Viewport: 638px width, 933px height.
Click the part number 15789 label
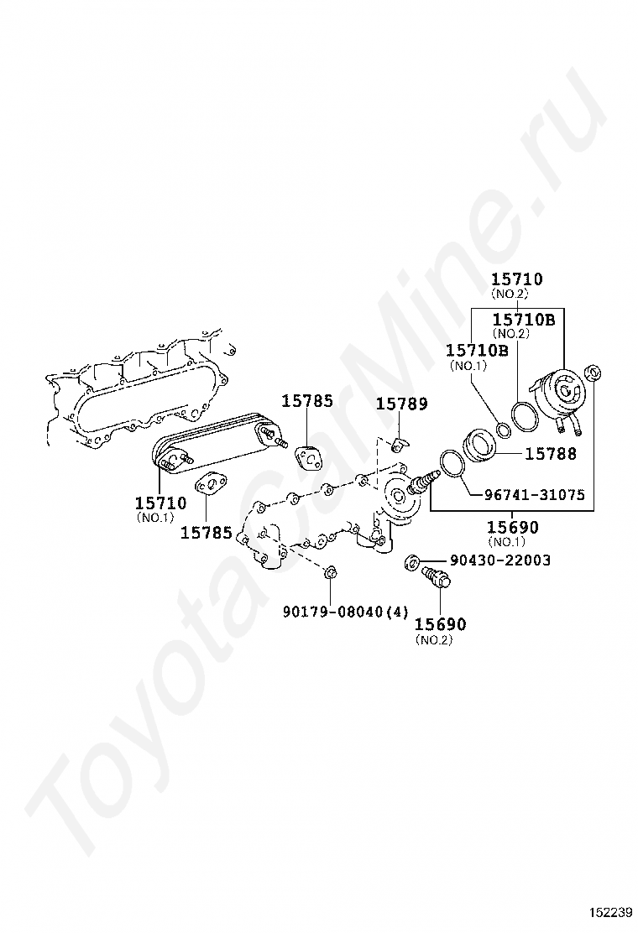(x=401, y=404)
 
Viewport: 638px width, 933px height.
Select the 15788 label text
(x=551, y=453)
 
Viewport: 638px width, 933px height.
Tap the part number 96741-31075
(x=534, y=494)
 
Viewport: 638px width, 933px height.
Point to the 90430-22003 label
(x=500, y=560)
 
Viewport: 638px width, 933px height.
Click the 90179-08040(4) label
(x=345, y=611)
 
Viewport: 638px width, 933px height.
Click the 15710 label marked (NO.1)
(x=160, y=503)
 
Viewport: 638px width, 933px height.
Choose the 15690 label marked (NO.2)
(x=441, y=624)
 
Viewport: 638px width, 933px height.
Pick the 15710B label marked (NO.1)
(x=477, y=350)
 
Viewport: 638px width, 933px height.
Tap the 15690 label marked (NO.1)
(x=514, y=528)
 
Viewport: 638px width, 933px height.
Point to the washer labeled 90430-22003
(x=411, y=560)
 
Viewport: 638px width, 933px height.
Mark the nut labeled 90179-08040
(x=330, y=574)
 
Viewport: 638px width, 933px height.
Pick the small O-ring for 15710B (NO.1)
(x=503, y=430)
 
